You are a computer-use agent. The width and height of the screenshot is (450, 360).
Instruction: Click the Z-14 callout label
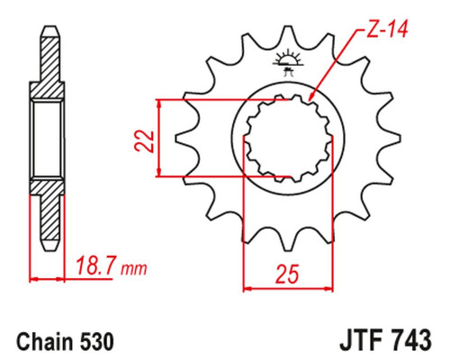[387, 30]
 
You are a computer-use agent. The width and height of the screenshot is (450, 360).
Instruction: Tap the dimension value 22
[144, 141]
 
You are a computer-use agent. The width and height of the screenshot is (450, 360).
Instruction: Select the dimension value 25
[287, 274]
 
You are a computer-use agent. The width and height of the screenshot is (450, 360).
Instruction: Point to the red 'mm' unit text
[133, 269]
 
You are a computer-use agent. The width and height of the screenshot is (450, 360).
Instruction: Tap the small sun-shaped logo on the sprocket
[288, 61]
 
